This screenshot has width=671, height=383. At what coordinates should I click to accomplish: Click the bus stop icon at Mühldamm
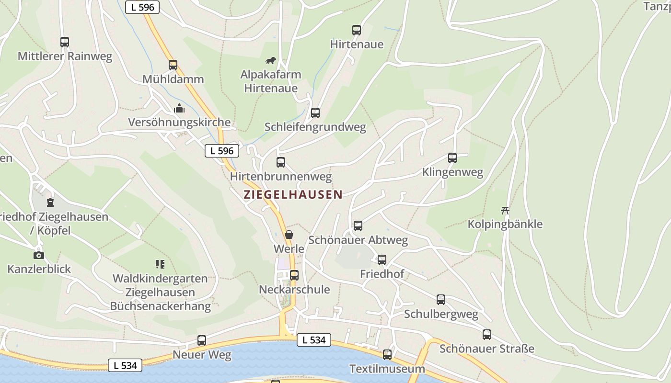click(x=173, y=65)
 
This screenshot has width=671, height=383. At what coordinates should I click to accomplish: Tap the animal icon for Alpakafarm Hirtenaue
click(x=271, y=61)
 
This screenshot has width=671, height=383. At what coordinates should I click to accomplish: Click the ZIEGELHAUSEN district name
click(x=293, y=194)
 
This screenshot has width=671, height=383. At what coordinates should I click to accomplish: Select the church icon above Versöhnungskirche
click(x=179, y=109)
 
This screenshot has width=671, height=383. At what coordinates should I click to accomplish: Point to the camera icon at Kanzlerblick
click(x=39, y=255)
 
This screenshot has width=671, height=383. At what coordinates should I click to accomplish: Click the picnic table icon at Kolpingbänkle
click(x=505, y=210)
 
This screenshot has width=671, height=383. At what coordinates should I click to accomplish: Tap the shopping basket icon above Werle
click(x=289, y=235)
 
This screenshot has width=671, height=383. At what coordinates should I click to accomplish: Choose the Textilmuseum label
click(x=387, y=369)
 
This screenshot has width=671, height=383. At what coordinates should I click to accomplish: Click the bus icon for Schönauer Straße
click(x=487, y=335)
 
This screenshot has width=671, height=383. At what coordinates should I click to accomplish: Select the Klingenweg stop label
click(x=452, y=172)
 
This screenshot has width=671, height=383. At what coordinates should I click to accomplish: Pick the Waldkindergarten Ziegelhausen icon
click(x=160, y=264)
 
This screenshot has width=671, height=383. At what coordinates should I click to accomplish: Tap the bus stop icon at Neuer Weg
click(x=202, y=340)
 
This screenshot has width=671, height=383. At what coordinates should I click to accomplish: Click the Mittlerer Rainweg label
click(x=65, y=56)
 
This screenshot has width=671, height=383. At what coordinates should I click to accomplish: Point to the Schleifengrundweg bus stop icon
click(x=315, y=113)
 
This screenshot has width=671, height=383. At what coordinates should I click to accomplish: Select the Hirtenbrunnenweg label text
click(x=281, y=177)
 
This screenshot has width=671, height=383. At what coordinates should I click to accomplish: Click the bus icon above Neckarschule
click(x=294, y=275)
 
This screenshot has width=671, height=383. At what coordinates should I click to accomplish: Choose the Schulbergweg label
click(x=441, y=314)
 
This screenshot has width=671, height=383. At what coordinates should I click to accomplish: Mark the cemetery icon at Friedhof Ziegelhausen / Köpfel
click(x=50, y=203)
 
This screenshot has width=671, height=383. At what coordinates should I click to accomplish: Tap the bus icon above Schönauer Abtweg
click(x=358, y=226)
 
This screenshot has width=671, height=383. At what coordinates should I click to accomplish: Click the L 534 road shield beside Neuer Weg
click(x=125, y=365)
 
